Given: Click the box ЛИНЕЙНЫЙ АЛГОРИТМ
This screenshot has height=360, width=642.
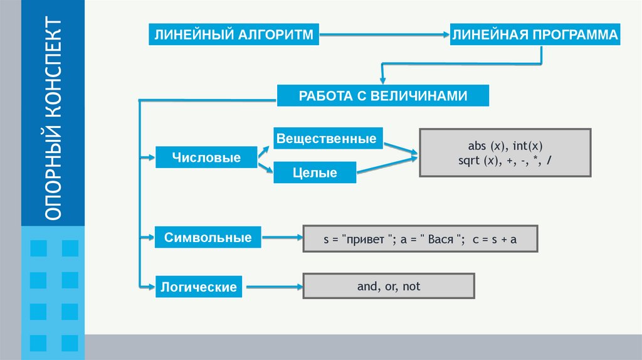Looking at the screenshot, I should [x=233, y=34].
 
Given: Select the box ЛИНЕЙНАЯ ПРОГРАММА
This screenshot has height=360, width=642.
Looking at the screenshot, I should [x=535, y=34].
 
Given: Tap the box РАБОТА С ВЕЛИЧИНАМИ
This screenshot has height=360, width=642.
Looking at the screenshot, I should [x=382, y=96].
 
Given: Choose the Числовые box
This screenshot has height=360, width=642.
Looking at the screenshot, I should [x=206, y=157].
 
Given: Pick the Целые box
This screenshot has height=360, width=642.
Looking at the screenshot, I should [x=315, y=172].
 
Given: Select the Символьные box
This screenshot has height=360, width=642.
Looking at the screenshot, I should [x=208, y=238].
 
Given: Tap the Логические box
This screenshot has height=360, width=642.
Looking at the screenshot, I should [x=198, y=287].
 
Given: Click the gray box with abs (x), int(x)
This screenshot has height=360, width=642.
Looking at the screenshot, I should [x=505, y=152].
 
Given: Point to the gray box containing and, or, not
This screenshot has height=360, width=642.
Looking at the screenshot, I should [x=389, y=286].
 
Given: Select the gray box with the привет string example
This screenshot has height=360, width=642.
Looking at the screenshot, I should [x=420, y=239].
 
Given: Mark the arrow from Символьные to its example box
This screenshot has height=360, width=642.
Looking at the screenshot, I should [x=282, y=238].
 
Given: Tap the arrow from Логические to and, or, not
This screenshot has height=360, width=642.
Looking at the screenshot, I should [x=273, y=288].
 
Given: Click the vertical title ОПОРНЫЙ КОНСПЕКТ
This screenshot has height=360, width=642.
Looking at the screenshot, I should [x=53, y=119].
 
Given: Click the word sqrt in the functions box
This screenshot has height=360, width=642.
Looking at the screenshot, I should [x=468, y=161].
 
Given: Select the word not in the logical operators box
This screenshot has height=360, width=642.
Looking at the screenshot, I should [x=412, y=287].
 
